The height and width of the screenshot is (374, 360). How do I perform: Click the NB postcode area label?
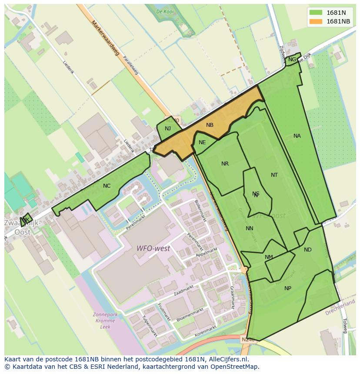[x=210, y=125]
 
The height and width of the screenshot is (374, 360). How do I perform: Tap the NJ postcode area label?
[x=168, y=129]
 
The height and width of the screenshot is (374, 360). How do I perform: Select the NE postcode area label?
[x=202, y=142]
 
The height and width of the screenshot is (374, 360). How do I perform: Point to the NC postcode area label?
[x=107, y=186]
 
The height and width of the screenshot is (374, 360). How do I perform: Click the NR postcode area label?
[x=225, y=164]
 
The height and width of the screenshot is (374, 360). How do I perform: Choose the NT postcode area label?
[x=274, y=175]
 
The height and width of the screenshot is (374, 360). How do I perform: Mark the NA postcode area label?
[x=297, y=136]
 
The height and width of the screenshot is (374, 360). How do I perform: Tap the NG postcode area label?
[x=292, y=60]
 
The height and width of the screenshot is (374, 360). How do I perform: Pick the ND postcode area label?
[x=308, y=250]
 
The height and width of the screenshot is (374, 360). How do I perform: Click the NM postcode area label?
[x=269, y=257]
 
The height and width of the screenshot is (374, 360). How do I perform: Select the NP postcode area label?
[x=288, y=288]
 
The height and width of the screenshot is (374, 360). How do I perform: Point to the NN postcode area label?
[x=250, y=228]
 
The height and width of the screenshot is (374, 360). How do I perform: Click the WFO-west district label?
[x=153, y=249]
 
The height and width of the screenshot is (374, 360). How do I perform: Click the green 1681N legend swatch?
[x=316, y=13]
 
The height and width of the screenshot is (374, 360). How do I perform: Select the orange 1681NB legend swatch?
[x=316, y=21]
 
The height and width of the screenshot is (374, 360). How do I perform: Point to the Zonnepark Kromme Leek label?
[x=105, y=320]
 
